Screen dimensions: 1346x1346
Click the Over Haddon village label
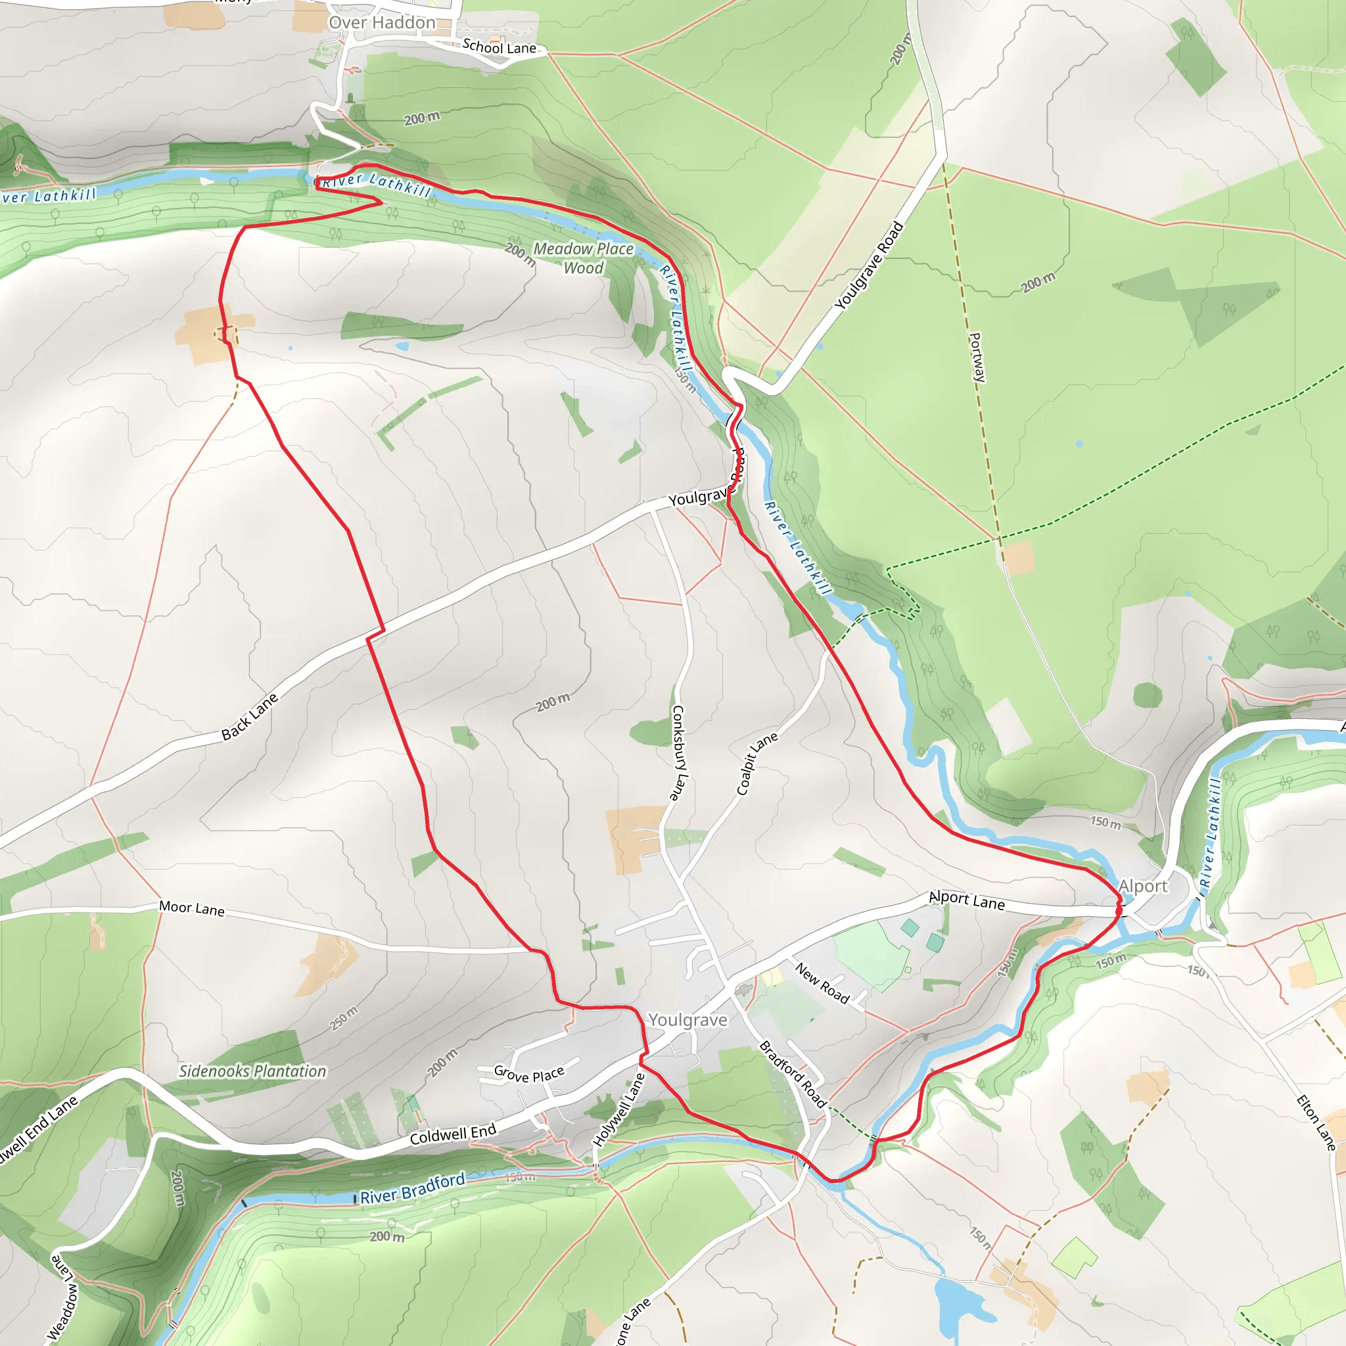[382, 23]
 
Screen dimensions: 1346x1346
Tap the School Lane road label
[499, 47]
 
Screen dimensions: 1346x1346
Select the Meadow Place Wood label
[583, 258]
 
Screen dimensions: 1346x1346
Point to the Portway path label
[977, 357]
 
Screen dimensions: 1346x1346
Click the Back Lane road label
[249, 716]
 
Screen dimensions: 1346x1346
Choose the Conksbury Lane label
[678, 753]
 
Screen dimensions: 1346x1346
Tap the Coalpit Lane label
[756, 764]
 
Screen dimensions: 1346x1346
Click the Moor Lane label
[192, 908]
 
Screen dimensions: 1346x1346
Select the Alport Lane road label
[966, 900]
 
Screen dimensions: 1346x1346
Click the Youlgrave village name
[687, 1020]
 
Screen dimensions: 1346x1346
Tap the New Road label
[822, 983]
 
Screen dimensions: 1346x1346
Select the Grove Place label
[529, 1074]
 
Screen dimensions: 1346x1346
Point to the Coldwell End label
[453, 1134]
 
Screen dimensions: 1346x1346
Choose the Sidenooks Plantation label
[252, 1071]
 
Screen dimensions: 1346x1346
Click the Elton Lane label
[1315, 1123]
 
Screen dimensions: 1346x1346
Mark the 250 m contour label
[344, 1019]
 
